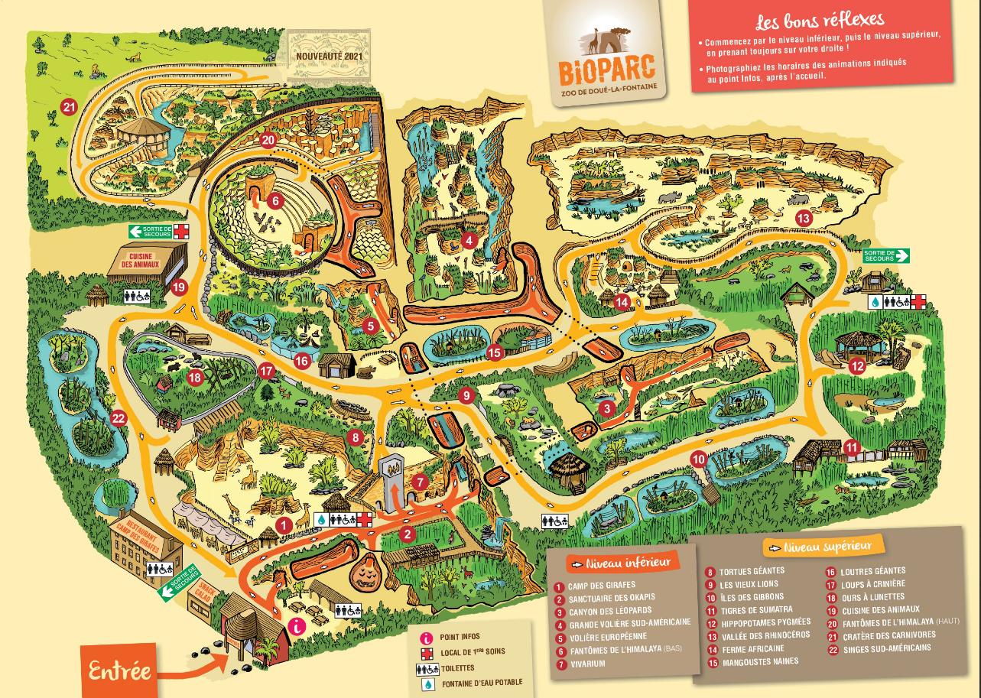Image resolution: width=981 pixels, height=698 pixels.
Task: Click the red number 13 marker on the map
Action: pyautogui.click(x=803, y=218)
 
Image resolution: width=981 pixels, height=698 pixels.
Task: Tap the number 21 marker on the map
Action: pyautogui.click(x=70, y=107)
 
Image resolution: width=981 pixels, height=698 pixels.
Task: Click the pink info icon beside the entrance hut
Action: pyautogui.click(x=297, y=626)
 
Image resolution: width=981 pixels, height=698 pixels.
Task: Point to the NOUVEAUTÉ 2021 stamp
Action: pyautogui.click(x=328, y=57)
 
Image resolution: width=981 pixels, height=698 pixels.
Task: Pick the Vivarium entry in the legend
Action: pyautogui.click(x=586, y=664)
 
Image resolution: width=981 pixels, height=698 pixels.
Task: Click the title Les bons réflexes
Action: pyautogui.click(x=819, y=19)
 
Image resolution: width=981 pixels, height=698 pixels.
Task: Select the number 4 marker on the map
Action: pyautogui.click(x=469, y=242)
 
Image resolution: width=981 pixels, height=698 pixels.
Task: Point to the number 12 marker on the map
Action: pyautogui.click(x=857, y=366)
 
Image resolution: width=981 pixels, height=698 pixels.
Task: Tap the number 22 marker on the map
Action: pyautogui.click(x=118, y=417)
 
